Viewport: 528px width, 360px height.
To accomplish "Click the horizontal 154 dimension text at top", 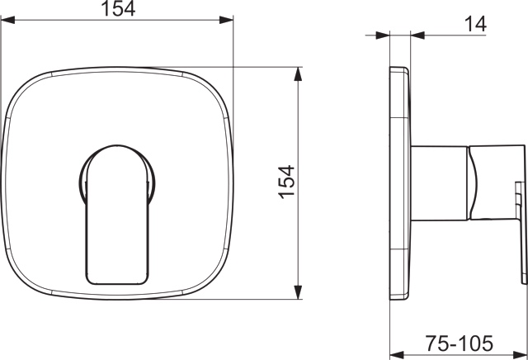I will [119, 11].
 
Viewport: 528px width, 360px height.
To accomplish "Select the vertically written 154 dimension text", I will [285, 182].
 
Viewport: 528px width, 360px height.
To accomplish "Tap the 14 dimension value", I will [475, 26].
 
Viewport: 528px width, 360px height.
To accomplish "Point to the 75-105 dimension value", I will [460, 341].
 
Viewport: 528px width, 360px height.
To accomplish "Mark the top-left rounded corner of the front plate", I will [25, 83].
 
